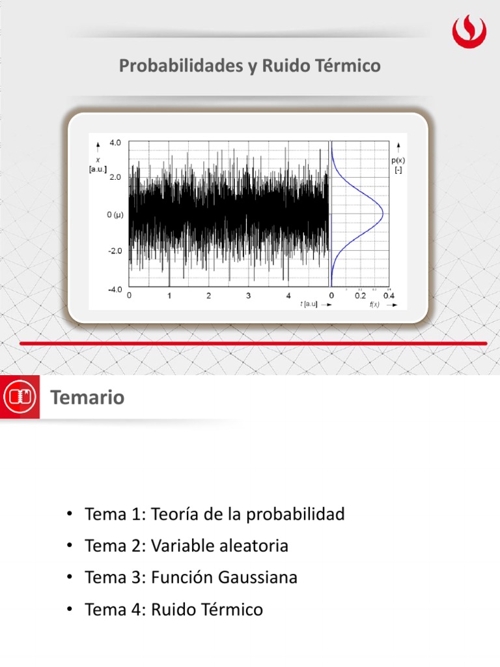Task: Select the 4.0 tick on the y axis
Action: pos(115,141)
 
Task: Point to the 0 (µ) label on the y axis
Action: pos(115,214)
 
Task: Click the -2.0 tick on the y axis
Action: pos(115,250)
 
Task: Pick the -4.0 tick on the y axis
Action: pos(115,289)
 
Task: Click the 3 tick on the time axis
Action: pos(248,296)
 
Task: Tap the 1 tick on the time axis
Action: pos(169,296)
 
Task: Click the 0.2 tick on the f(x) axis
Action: pos(360,296)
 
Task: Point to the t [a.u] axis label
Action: pos(309,304)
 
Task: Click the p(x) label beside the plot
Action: pos(398,160)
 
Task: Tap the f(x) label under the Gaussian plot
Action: pos(374,304)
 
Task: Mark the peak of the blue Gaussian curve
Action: pos(383,214)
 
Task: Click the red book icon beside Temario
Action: pos(20,397)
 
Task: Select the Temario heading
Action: pos(87,397)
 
